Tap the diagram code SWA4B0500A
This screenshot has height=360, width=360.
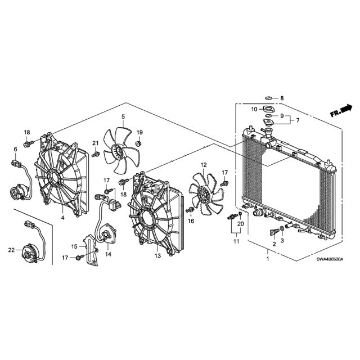[x=330, y=259]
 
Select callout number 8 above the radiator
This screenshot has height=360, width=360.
[x=282, y=98]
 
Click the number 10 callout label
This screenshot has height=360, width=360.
[x=254, y=109]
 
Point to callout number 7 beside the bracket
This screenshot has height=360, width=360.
[x=298, y=120]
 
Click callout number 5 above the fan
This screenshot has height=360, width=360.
[x=123, y=116]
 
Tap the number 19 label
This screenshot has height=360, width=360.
[x=139, y=133]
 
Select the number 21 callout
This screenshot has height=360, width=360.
[x=95, y=143]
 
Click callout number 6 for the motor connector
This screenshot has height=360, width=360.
[x=15, y=149]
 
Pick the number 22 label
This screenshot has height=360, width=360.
[x=11, y=250]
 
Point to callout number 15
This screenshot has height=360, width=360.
[x=74, y=246]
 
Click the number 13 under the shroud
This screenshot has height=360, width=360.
[x=157, y=255]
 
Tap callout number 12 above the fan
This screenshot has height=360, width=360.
[x=204, y=165]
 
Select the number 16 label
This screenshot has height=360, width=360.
[x=191, y=221]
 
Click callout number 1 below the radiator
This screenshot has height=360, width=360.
[x=268, y=259]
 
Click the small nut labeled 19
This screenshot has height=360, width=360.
[x=138, y=144]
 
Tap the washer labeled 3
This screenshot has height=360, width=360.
[x=282, y=229]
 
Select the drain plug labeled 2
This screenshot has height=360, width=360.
[x=274, y=232]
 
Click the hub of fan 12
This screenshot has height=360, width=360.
[x=203, y=194]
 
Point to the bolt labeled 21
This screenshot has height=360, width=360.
[x=96, y=154]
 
